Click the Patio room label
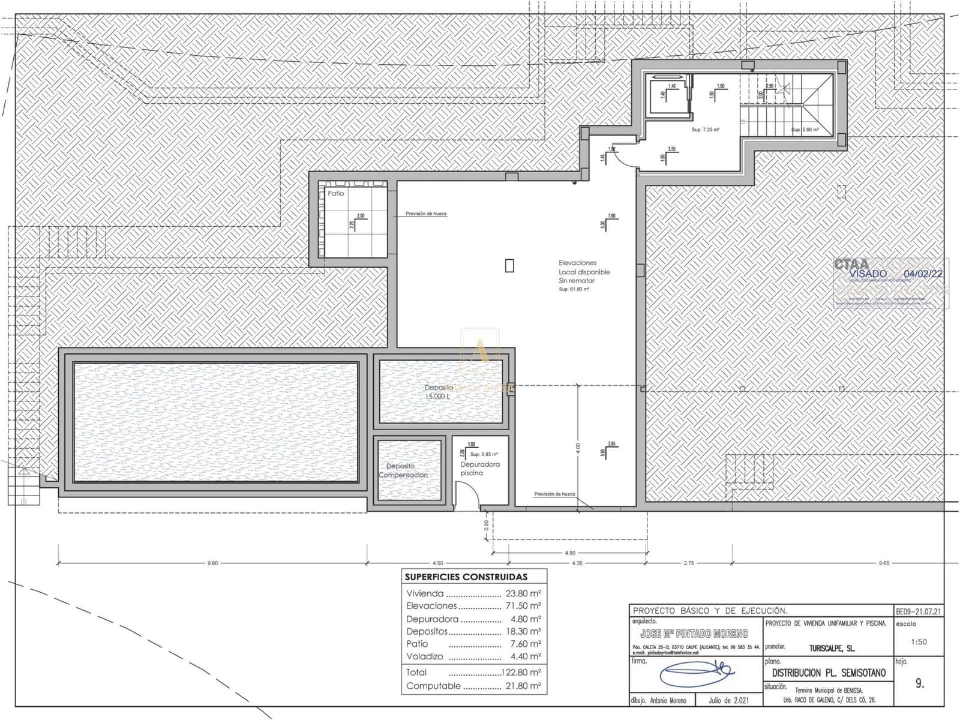[335, 194]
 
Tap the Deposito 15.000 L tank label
[439, 392]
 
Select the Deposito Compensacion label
[402, 470]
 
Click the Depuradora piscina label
[479, 469]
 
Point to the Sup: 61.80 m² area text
[574, 289]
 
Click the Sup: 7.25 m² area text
[705, 130]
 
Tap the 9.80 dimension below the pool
[212, 563]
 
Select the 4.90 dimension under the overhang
[569, 553]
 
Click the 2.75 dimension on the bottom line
[688, 563]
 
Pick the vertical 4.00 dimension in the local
[577, 448]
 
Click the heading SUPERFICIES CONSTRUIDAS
[466, 577]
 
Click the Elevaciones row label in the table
[431, 606]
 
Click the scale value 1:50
[919, 642]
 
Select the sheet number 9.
[920, 683]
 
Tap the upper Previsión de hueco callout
[425, 214]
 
